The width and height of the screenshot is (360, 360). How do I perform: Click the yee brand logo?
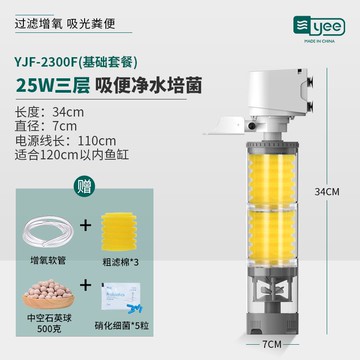[x=319, y=26]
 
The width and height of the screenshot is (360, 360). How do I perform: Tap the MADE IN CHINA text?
[x=319, y=41]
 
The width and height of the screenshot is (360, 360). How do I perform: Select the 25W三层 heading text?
[x=53, y=86]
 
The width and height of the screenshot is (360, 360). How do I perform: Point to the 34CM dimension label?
[x=327, y=192]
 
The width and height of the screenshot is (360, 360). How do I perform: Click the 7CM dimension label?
[x=272, y=344]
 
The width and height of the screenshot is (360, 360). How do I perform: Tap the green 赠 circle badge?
[x=84, y=187]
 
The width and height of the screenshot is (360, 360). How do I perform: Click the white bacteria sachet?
[x=120, y=296]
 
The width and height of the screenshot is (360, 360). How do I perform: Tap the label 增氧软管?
[x=48, y=261]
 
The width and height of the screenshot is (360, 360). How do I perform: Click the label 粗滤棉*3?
[x=119, y=263]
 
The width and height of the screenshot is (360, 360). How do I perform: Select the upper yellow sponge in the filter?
[x=272, y=179]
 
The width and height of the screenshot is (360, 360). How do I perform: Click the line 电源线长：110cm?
[x=65, y=141]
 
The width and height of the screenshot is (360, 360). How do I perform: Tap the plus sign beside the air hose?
[x=86, y=226]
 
